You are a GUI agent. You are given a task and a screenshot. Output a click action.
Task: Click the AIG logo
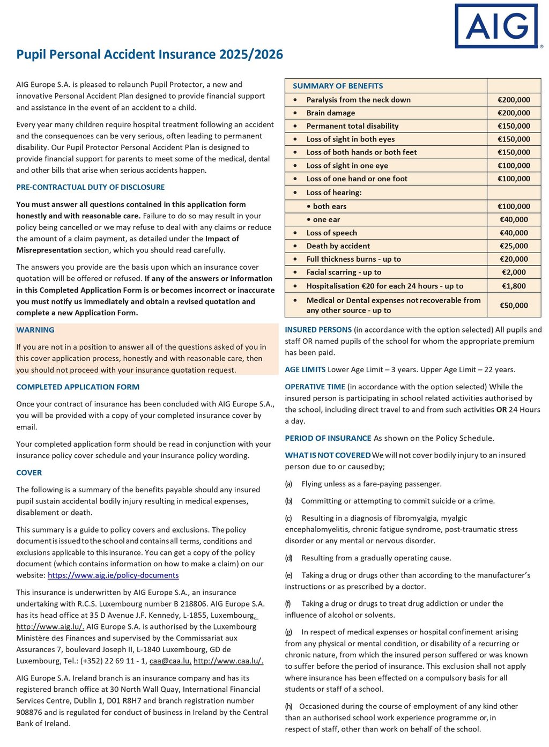click(x=496, y=26)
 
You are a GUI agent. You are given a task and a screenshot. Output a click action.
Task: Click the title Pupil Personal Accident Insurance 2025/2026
click(x=150, y=54)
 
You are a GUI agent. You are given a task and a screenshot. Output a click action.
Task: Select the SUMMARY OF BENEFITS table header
click(x=338, y=86)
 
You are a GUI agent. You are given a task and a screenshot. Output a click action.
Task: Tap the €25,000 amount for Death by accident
click(x=514, y=246)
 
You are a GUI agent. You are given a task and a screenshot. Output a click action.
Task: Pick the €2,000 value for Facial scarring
click(x=514, y=272)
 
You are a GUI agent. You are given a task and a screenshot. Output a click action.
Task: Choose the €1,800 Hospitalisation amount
click(x=514, y=286)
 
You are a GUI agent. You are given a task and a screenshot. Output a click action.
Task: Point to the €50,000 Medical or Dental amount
click(x=514, y=305)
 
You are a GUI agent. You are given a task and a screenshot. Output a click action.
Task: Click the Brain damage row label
click(x=330, y=113)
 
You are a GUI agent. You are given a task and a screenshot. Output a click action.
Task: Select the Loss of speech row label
click(x=331, y=233)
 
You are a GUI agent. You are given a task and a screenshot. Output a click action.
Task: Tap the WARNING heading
click(x=35, y=330)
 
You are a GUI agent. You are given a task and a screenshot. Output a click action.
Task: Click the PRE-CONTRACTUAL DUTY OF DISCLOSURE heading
click(x=91, y=187)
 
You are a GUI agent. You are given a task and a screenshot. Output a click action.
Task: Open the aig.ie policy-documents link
click(x=113, y=575)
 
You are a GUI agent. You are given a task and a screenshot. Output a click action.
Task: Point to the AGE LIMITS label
click(x=305, y=369)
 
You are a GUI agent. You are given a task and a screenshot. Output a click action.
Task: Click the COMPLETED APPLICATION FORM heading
click(x=78, y=387)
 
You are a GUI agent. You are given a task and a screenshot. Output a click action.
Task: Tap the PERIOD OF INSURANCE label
click(x=328, y=438)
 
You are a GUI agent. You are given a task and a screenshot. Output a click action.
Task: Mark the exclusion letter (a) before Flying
click(x=288, y=484)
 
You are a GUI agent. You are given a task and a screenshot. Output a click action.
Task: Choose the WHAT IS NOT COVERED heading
click(x=328, y=455)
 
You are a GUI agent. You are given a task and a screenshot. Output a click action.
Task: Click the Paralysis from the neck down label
click(x=358, y=100)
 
